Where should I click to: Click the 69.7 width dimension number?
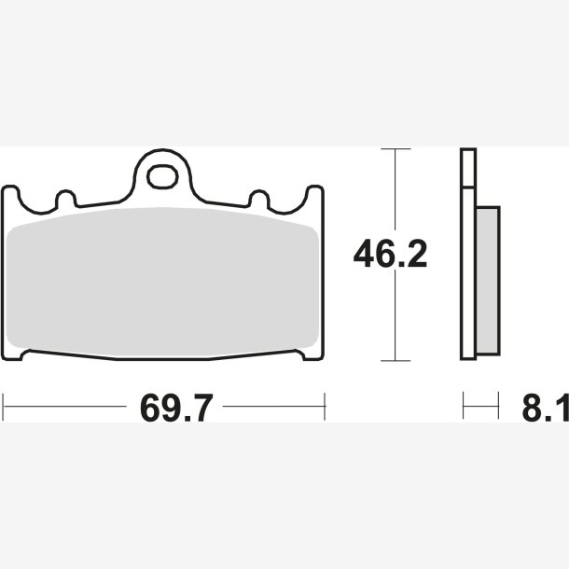tap(176, 408)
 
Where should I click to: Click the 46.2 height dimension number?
tap(390, 254)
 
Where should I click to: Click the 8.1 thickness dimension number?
tap(546, 408)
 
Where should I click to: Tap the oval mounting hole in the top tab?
tap(162, 176)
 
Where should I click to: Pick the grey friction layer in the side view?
tap(488, 281)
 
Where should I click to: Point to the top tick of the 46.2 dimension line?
tap(396, 149)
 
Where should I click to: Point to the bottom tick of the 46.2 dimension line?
tap(396, 361)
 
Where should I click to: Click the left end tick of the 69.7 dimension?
tap(3, 407)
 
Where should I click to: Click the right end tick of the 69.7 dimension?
tap(325, 407)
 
